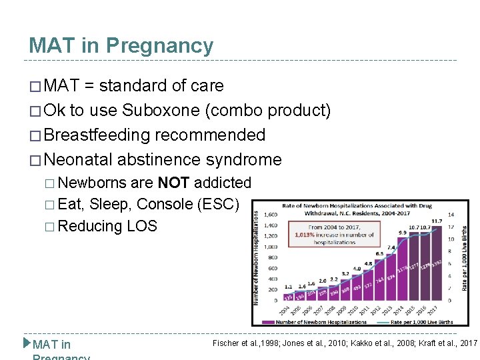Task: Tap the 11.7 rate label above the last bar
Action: coord(436,221)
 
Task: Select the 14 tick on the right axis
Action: coord(451,215)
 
